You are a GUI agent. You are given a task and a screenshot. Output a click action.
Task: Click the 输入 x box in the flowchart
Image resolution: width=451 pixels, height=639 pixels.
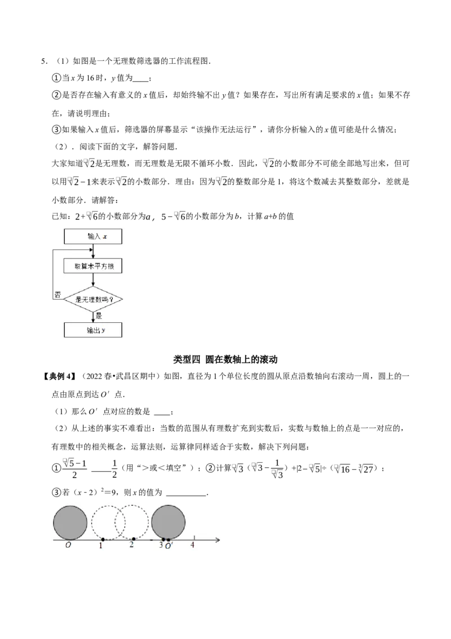[93, 237]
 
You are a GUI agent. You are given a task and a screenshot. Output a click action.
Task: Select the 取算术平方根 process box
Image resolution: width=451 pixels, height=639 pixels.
[93, 266]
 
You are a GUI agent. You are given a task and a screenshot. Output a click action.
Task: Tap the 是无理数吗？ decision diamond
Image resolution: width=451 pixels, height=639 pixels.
[93, 299]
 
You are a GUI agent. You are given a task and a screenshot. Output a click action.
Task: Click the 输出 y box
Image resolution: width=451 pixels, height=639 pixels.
[93, 330]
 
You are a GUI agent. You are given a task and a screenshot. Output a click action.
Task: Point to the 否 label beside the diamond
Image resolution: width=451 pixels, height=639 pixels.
[58, 295]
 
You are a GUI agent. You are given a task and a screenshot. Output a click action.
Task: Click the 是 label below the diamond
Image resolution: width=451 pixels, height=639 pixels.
[99, 316]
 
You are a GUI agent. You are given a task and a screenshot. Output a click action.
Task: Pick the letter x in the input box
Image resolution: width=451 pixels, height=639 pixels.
[105, 237]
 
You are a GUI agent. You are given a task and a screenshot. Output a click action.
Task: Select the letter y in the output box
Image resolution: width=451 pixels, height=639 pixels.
[104, 331]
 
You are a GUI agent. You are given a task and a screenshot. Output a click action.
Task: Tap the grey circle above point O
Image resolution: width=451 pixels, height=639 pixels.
[70, 522]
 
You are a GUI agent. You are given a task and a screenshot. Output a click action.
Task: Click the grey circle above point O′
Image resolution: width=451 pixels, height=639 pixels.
[168, 522]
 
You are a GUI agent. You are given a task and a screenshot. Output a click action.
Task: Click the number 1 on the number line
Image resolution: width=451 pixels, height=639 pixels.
[101, 546]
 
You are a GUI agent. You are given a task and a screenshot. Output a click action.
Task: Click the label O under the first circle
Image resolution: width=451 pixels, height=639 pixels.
[68, 546]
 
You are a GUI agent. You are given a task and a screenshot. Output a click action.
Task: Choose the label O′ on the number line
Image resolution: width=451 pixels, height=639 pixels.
[169, 546]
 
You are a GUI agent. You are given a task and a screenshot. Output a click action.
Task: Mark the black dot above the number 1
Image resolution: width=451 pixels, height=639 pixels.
[103, 540]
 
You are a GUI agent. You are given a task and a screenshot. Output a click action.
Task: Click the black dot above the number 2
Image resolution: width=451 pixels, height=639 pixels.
[133, 540]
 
